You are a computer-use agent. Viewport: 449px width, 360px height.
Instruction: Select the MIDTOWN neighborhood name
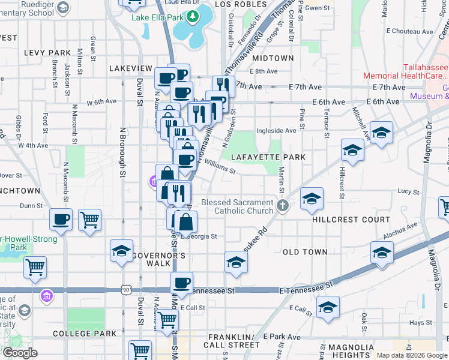pyautogui.click(x=273, y=58)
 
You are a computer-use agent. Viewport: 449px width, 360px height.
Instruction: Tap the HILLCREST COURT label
pyautogui.click(x=351, y=220)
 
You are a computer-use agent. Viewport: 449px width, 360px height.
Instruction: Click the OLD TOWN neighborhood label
pyautogui.click(x=305, y=252)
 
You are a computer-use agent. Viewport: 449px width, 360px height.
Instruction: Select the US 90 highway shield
pyautogui.click(x=125, y=290)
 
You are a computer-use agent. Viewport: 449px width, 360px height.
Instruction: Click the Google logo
pyautogui.click(x=20, y=353)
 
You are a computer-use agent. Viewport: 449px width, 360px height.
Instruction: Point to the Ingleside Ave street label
pyautogui.click(x=276, y=130)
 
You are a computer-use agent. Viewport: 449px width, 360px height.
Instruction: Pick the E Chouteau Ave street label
pyautogui.click(x=410, y=31)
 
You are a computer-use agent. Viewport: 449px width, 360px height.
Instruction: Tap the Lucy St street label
pyautogui.click(x=408, y=191)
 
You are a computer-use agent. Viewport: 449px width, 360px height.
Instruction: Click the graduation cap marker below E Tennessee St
pyautogui.click(x=328, y=307)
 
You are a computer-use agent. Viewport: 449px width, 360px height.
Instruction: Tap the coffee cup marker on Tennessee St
pyautogui.click(x=181, y=281)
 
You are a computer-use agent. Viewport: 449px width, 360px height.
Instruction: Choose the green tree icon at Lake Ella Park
pyautogui.click(x=193, y=17)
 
